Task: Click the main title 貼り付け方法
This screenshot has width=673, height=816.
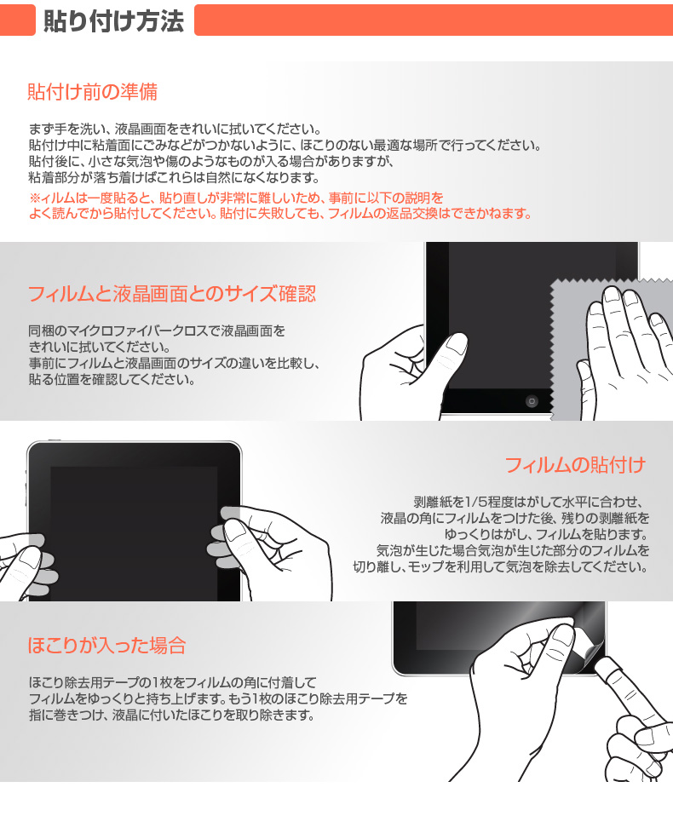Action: [114, 20]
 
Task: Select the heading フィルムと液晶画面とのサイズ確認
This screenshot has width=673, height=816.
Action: [171, 295]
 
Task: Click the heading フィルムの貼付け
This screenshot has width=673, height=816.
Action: [575, 465]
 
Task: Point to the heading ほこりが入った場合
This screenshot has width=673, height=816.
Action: [106, 645]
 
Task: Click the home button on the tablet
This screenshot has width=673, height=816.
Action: [532, 400]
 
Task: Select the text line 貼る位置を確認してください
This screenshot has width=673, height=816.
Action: [112, 380]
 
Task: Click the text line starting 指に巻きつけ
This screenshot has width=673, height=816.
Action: [171, 715]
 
